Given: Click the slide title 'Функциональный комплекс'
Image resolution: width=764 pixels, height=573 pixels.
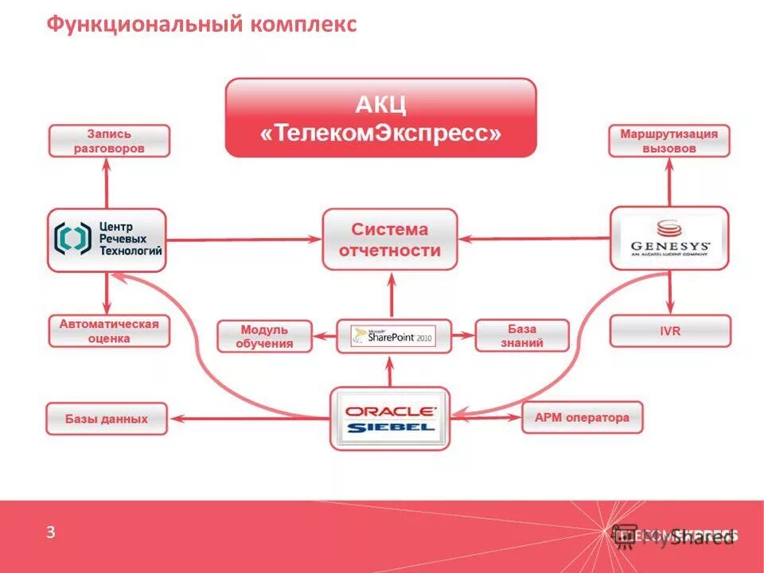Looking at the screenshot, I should [x=201, y=25].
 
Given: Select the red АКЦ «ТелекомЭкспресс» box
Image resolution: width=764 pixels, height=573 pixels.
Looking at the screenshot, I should [x=380, y=118].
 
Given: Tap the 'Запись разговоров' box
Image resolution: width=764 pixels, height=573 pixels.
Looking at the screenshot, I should [x=109, y=141].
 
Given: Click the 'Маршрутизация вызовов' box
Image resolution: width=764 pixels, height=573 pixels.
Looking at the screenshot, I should [x=668, y=141].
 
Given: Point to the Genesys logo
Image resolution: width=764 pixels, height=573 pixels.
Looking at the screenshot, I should [x=669, y=238].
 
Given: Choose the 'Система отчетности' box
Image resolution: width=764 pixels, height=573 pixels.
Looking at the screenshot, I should [x=390, y=240].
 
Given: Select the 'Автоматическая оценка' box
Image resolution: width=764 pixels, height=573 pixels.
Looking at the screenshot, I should [x=109, y=331].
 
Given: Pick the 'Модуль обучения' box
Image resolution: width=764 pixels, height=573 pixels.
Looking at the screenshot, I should [x=265, y=336].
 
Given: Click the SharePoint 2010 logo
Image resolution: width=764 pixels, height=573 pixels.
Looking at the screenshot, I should [x=393, y=336].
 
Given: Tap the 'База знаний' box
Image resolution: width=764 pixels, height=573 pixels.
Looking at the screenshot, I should [x=522, y=336].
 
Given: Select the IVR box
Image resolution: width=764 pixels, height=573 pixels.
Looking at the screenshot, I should [x=670, y=331].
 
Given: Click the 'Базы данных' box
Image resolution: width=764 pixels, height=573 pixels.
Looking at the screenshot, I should [x=107, y=419].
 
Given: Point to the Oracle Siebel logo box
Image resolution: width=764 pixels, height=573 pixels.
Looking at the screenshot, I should [x=390, y=418].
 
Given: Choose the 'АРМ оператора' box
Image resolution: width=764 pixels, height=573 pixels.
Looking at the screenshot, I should [x=582, y=418].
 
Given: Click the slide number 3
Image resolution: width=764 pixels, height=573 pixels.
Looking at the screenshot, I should [x=50, y=533].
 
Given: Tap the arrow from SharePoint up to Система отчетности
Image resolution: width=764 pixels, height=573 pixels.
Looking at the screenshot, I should [x=391, y=295].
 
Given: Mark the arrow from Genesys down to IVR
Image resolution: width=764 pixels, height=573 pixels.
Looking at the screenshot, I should [x=669, y=292].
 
